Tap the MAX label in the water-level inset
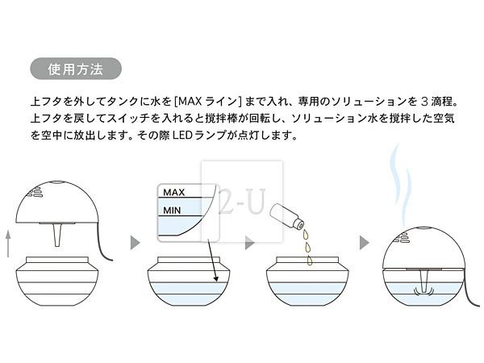(x=175, y=193)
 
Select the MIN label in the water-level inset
(x=173, y=211)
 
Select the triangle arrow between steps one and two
(x=135, y=241)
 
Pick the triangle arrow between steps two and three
(x=249, y=241)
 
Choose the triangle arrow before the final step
(x=364, y=241)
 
